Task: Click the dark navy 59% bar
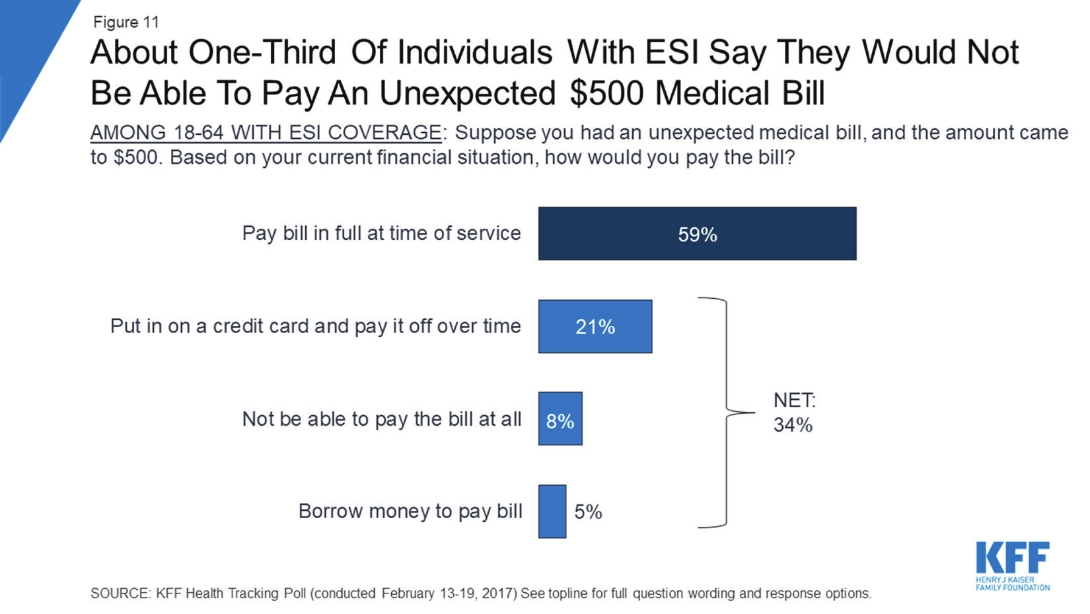point(697,233)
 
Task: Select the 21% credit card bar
point(595,326)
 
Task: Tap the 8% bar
point(560,418)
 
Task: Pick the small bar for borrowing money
point(552,512)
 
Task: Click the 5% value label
point(589,512)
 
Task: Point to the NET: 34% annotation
point(794,412)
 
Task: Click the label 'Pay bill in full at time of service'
point(382,233)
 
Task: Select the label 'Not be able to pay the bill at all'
point(382,419)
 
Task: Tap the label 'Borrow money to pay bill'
point(410,512)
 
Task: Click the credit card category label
point(315,326)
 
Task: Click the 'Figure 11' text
point(126,22)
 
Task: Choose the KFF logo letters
point(1013,558)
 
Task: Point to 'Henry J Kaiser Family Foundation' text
point(1013,584)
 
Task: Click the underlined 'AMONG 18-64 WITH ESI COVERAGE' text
point(266,132)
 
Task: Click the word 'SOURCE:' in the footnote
point(121,594)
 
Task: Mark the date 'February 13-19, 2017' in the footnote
point(449,594)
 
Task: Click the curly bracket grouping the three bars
point(727,412)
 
